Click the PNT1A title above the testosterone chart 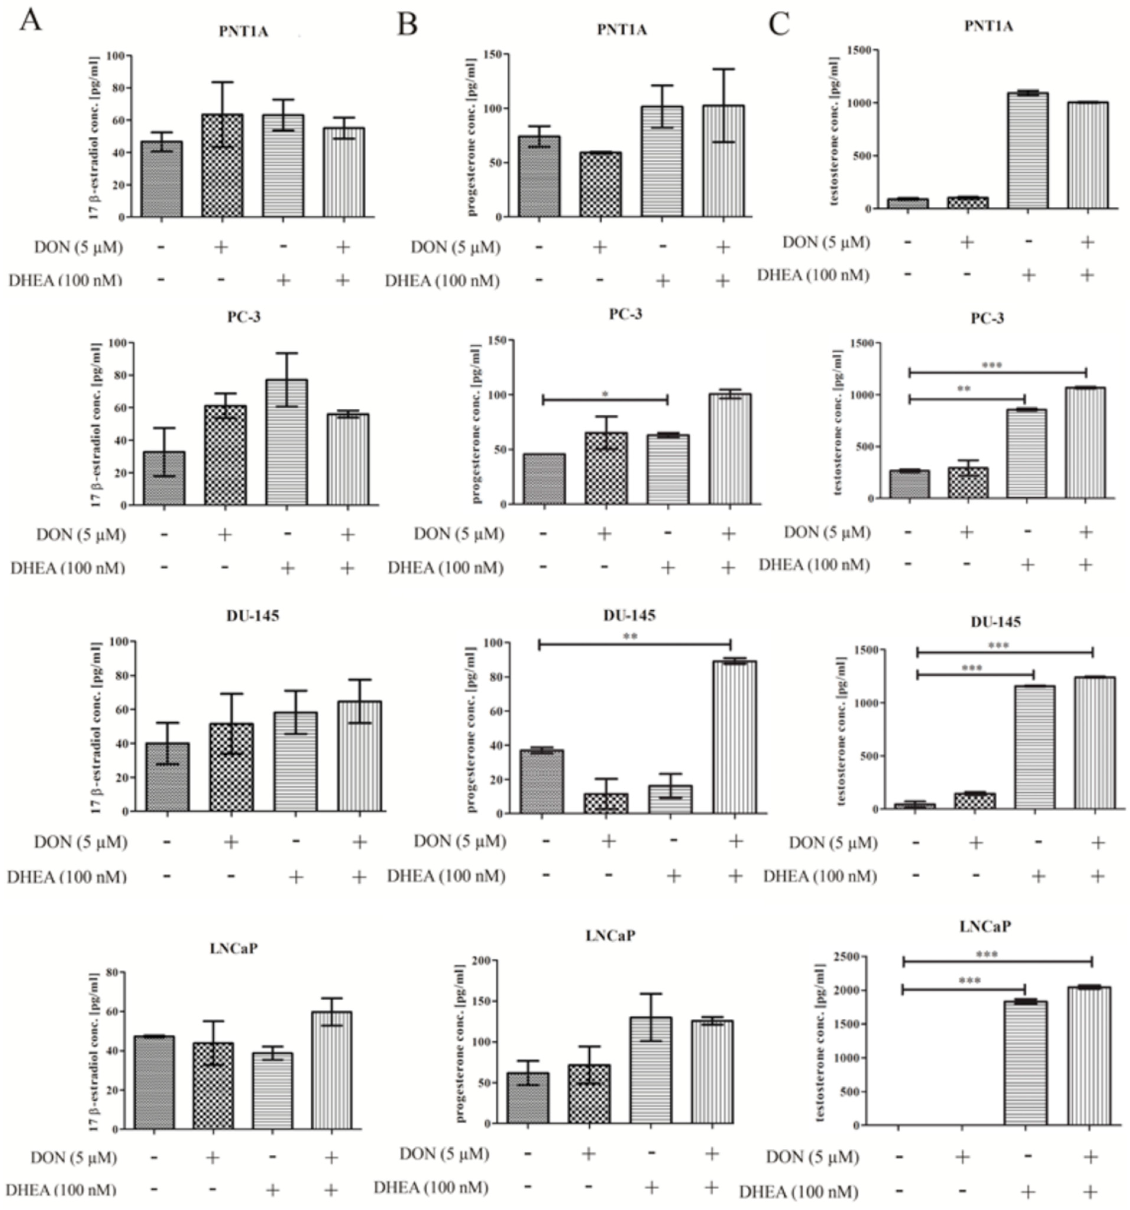pos(988,26)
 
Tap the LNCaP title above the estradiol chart pos(234,948)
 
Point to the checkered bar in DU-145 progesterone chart pos(606,803)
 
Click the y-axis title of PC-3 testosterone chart pos(838,422)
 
